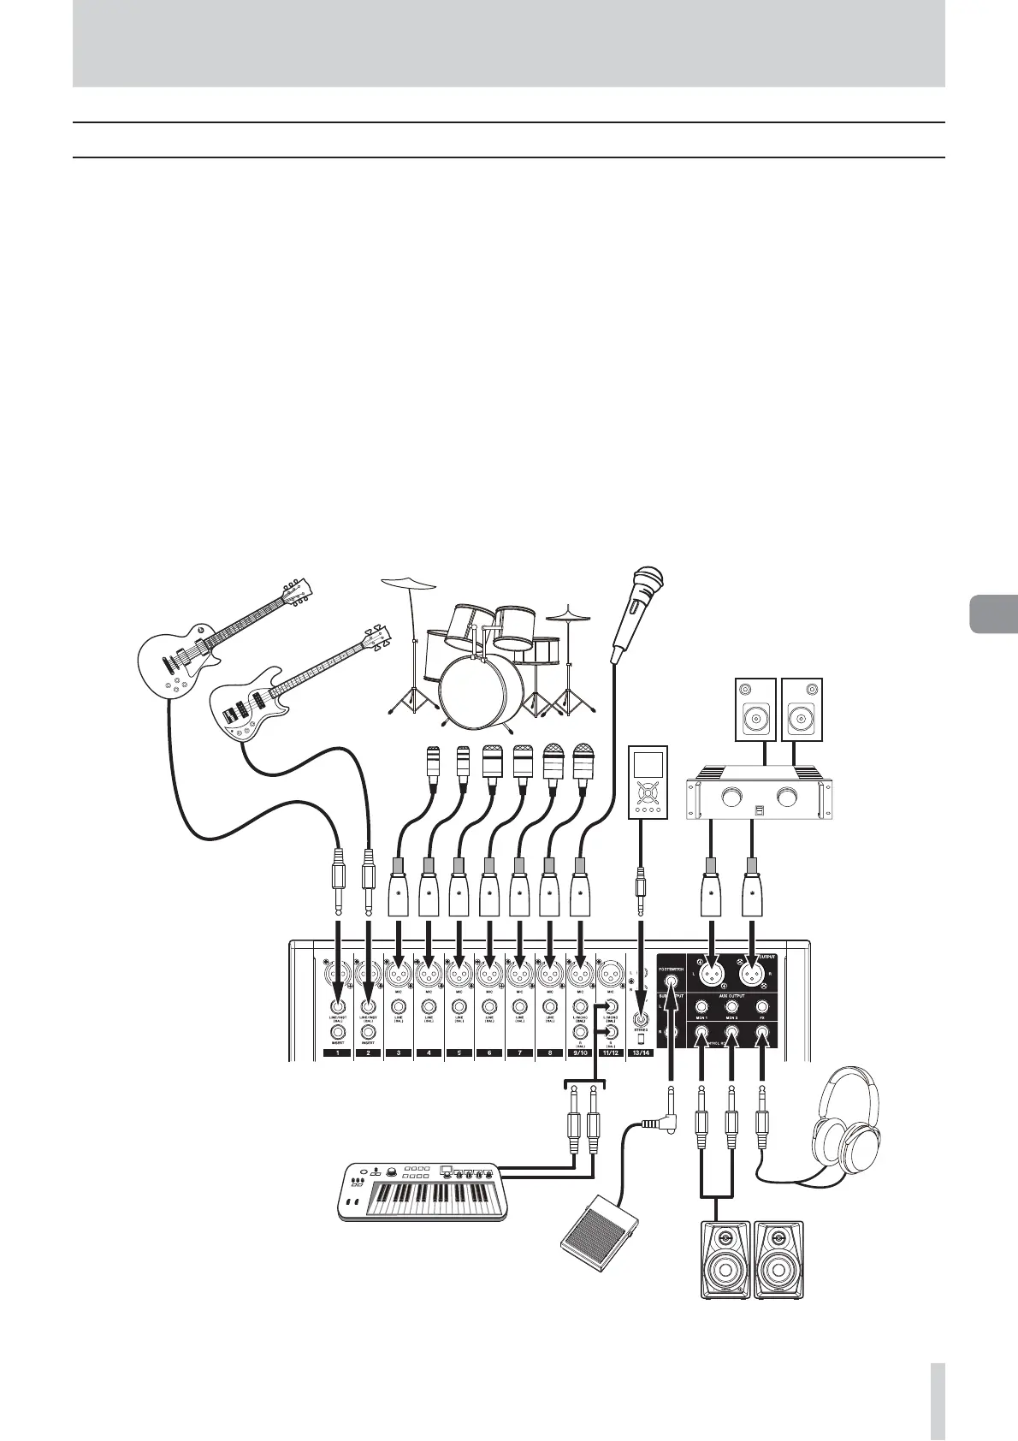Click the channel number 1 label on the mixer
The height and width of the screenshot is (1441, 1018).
tap(338, 1053)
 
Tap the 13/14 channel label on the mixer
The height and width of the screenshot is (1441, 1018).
tap(641, 1053)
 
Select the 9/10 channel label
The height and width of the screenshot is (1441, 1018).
tap(580, 1053)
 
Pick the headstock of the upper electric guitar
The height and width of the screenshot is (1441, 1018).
tap(296, 590)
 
